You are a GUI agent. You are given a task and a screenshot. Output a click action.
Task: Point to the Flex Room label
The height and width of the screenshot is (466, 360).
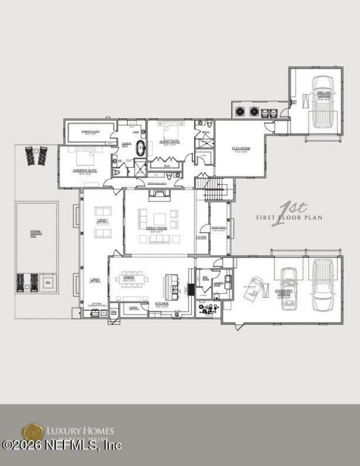241,149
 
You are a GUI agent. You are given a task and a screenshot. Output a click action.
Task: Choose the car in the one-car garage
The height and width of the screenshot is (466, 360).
323,101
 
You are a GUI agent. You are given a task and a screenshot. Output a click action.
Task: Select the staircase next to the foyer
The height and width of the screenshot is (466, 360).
214,190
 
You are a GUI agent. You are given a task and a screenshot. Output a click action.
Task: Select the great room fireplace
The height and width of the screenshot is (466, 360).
159,195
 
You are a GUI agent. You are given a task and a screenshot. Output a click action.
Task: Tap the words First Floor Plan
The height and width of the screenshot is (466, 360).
289,217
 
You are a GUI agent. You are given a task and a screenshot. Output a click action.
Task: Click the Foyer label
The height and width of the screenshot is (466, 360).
201,237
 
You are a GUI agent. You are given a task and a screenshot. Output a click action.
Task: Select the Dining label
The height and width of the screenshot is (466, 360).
129,277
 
